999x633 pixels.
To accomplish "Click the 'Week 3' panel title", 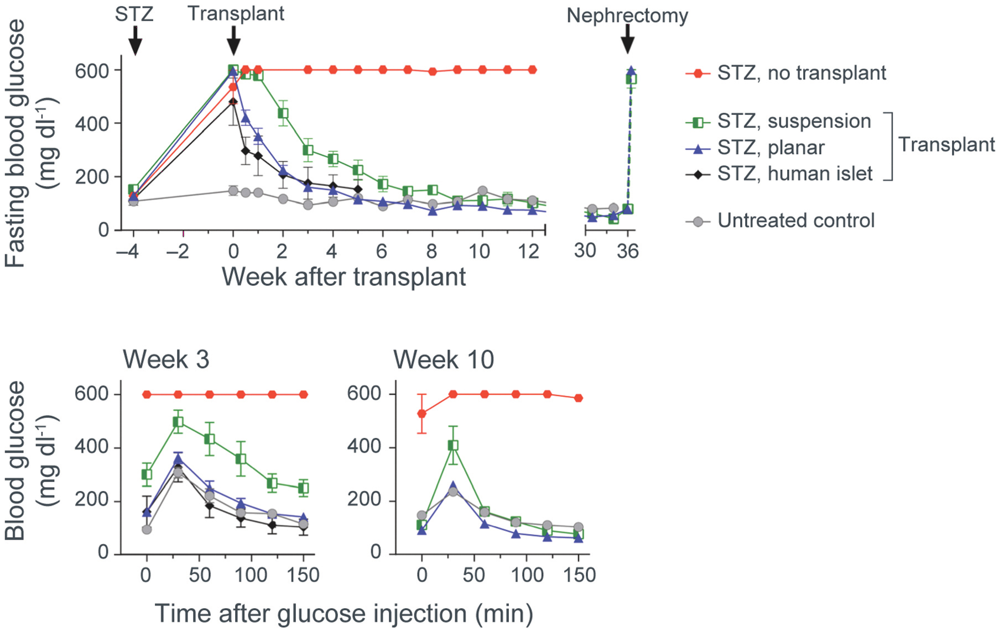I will coord(166,360).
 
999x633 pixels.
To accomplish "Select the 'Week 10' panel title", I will coord(443,360).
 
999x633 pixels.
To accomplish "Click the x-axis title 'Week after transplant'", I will coord(344,276).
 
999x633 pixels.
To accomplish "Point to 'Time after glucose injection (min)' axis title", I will coord(344,614).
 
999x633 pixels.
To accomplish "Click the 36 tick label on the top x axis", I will coord(628,252).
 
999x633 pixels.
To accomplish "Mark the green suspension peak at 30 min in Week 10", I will coord(453,445).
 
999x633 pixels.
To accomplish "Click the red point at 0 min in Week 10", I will coord(422,414).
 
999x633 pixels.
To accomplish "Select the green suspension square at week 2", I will coord(283,113).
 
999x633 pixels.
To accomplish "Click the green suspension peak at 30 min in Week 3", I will coord(178,422).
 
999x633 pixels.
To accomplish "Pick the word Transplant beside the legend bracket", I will coord(946,145).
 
